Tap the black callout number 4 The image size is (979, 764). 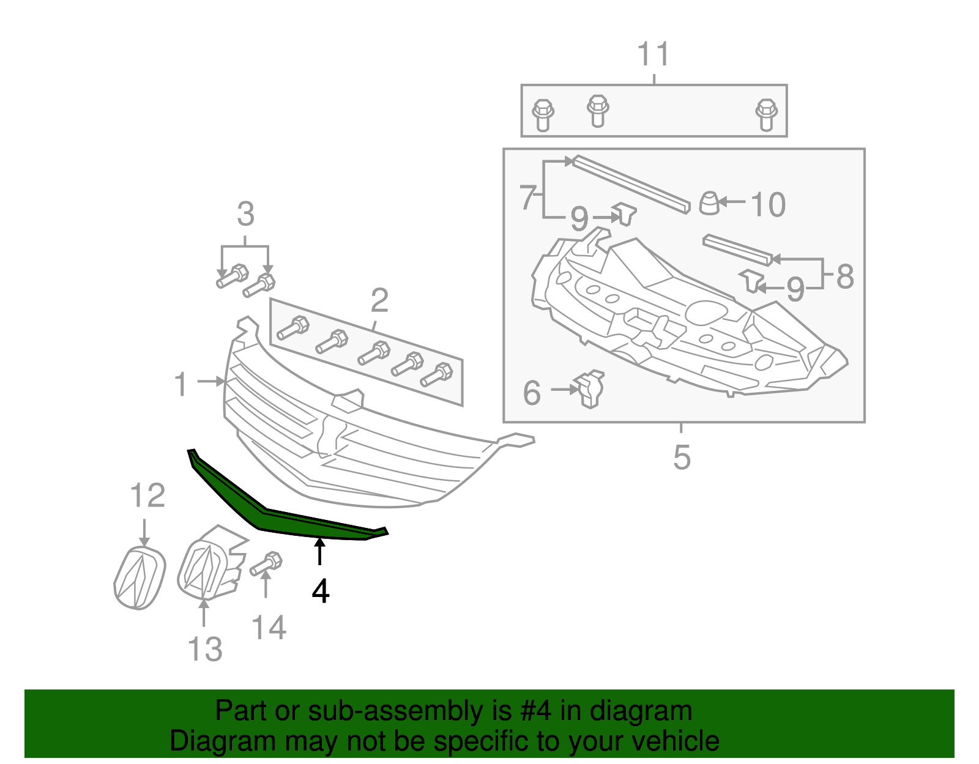pos(320,592)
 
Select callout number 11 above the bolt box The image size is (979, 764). pos(653,55)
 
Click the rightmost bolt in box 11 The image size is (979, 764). pos(766,114)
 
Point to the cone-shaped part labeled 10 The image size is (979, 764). pos(709,203)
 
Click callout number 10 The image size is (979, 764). pos(767,205)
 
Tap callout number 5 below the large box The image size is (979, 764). pos(682,457)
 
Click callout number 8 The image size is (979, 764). pos(844,276)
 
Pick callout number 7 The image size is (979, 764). pos(528,198)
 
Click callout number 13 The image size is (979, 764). pos(205,649)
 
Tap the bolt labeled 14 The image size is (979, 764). pos(266,563)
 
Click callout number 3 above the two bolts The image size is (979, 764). pos(245,215)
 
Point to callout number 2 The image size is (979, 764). pos(379,301)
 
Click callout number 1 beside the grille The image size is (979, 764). pos(181,384)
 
